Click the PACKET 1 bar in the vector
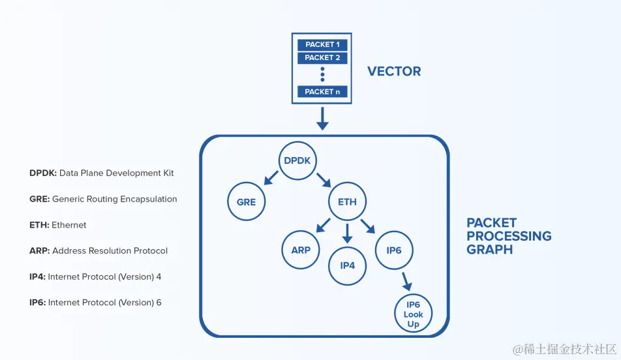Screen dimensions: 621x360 tap(322, 45)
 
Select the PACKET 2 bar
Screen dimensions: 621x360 tap(322, 58)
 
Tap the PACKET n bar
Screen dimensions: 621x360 tap(322, 91)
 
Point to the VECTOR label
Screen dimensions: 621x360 tap(394, 71)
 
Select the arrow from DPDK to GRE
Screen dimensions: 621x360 tap(271, 178)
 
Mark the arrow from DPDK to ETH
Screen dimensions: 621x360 tap(324, 179)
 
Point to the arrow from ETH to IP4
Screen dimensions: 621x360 tap(347, 233)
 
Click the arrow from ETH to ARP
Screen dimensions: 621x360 tap(323, 225)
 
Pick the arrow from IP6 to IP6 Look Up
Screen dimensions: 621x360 tap(407, 281)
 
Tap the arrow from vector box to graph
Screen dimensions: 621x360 tap(322, 119)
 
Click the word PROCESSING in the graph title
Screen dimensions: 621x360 tap(509, 236)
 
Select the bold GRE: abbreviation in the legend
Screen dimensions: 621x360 tap(40, 199)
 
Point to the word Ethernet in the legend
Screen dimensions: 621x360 tap(69, 225)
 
